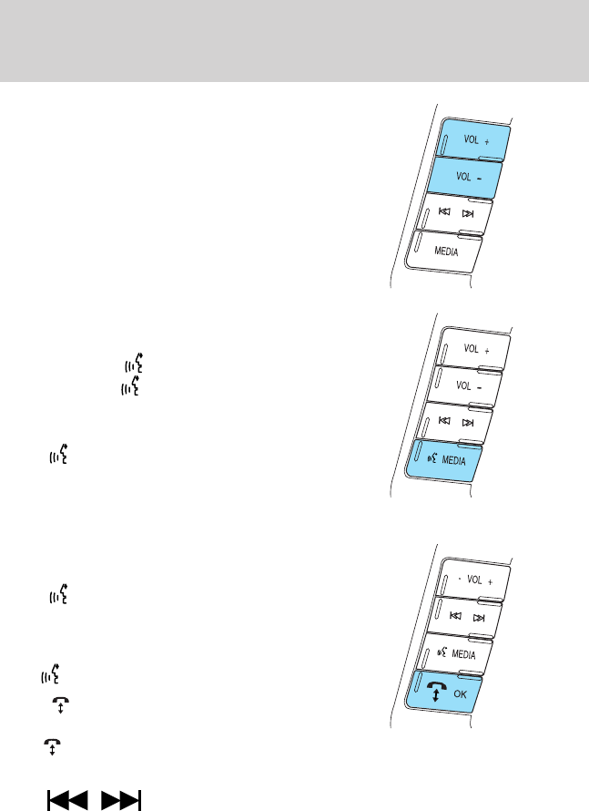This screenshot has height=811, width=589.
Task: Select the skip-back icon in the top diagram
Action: pos(443,214)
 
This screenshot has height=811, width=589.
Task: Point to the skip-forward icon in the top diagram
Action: pos(468,214)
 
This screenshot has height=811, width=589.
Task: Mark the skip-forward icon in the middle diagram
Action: pos(468,424)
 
